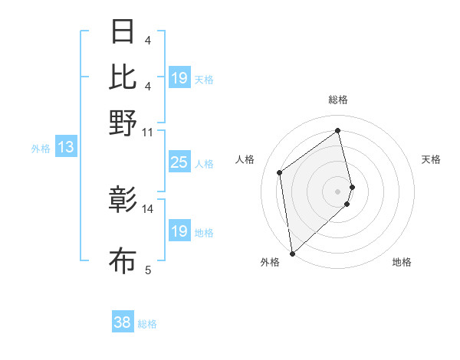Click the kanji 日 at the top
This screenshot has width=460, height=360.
123,32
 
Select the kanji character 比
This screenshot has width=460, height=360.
123,77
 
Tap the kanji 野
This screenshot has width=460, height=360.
123,122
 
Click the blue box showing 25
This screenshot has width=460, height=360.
179,162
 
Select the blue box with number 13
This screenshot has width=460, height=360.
65,147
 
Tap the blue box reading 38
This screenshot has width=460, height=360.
122,322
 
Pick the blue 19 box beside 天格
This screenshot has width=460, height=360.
179,78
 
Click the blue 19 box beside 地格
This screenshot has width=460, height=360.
179,231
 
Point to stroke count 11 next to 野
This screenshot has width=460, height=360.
147,132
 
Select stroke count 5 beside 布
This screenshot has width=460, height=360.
147,269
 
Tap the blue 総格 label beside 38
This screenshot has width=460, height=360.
147,324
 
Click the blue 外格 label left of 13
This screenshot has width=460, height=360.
41,149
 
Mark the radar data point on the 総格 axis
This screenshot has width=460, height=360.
338,130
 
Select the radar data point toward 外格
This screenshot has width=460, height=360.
292,253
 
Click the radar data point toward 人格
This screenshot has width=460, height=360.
280,172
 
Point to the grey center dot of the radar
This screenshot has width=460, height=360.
338,189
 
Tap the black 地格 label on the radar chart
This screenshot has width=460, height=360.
402,262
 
